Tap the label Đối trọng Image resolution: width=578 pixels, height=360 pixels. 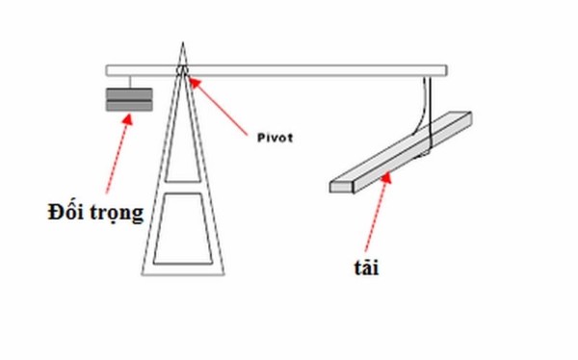point(94,213)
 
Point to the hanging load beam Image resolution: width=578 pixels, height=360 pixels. point(405,152)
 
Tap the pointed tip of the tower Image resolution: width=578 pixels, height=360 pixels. point(182,44)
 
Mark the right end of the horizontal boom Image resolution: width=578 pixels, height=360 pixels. point(444,70)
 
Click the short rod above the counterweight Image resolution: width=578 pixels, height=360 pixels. point(126,81)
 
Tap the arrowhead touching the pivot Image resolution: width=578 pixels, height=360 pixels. point(193,80)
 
